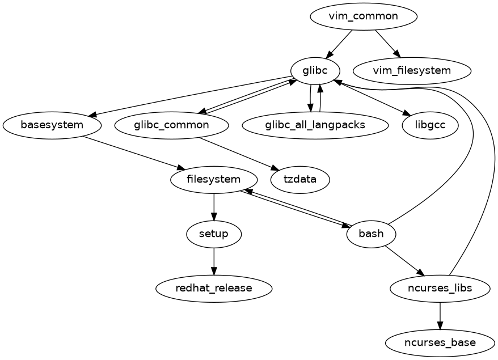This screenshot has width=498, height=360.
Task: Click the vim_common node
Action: pyautogui.click(x=364, y=16)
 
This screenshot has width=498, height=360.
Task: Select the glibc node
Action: pyautogui.click(x=315, y=71)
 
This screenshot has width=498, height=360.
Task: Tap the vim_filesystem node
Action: pyautogui.click(x=412, y=71)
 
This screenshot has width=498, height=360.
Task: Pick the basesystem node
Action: pyautogui.click(x=52, y=125)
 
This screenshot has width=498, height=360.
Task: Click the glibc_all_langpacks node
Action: pyautogui.click(x=315, y=125)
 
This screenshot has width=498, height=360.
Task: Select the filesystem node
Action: pyautogui.click(x=214, y=180)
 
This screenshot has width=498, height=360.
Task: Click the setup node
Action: pyautogui.click(x=214, y=234)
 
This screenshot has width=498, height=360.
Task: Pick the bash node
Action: pyautogui.click(x=371, y=234)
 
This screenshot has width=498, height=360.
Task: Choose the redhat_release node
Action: pyautogui.click(x=214, y=289)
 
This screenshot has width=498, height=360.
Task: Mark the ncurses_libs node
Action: pyautogui.click(x=440, y=289)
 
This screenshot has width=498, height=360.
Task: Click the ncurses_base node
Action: pyautogui.click(x=440, y=343)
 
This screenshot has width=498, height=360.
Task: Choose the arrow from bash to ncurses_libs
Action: pyautogui.click(x=404, y=261)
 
